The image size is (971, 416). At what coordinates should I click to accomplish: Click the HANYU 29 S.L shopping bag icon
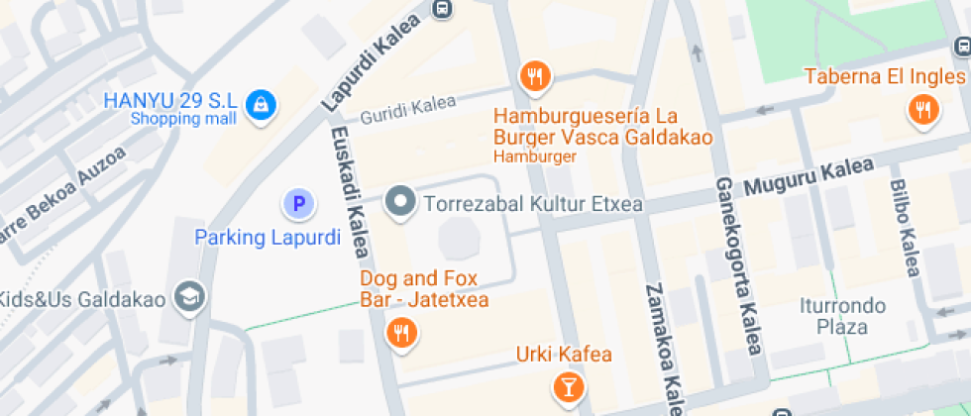pos(261,105)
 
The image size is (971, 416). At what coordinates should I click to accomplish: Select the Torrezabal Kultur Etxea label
pos(533,205)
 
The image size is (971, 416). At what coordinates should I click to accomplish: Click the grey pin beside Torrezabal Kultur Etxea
pos(400,202)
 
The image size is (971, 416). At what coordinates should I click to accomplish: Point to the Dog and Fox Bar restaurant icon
pos(401,333)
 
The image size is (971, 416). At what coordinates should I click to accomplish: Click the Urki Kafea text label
pos(564,355)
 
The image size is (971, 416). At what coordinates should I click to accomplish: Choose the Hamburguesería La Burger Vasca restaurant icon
pos(535,74)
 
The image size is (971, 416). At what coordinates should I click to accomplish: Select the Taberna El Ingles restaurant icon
pos(923,109)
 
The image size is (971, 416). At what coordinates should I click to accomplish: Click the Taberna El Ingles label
pos(885,76)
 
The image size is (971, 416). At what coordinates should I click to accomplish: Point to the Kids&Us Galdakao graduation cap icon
pos(187,295)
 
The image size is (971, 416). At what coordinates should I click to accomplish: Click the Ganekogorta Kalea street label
pos(738,265)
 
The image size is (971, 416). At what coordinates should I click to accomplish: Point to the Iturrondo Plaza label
pos(842,317)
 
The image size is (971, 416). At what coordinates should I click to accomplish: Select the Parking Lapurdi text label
pos(268,237)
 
